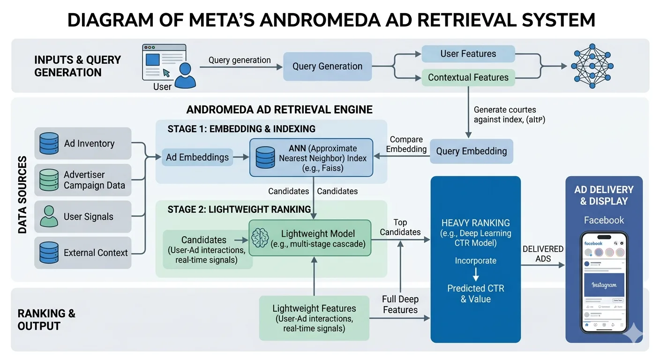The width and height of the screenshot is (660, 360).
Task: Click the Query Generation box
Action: tap(327, 67)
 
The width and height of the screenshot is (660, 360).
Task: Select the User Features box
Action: tap(468, 54)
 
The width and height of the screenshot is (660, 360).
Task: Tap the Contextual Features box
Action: tap(468, 78)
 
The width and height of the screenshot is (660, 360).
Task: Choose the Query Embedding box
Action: tap(471, 151)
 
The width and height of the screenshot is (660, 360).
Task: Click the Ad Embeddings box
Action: tap(197, 157)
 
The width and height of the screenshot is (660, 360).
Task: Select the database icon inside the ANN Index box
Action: tap(265, 157)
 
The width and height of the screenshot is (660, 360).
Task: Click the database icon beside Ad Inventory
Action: tap(49, 143)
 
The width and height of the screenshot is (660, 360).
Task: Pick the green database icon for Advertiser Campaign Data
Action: tap(49, 180)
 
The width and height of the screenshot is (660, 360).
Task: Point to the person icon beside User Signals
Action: tap(49, 216)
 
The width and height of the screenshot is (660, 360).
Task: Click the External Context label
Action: tap(96, 253)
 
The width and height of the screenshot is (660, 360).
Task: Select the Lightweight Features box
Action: tap(314, 318)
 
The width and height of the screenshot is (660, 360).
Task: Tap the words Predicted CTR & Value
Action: tap(475, 294)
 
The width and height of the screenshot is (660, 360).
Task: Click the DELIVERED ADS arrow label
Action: tap(543, 254)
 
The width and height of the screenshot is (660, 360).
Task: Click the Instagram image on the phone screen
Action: tap(604, 285)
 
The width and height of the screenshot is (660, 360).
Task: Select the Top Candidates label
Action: tap(400, 227)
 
